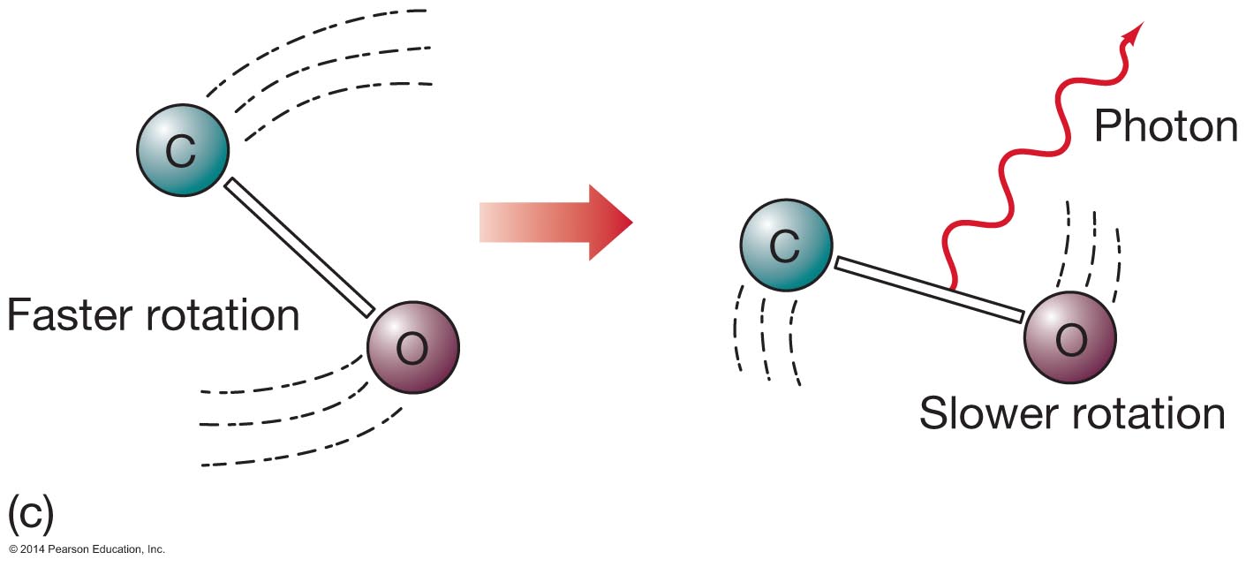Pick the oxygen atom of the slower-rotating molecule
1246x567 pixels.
(1069, 337)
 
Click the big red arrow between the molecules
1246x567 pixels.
(556, 223)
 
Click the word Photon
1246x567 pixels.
(1166, 127)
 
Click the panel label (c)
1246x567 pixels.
(30, 511)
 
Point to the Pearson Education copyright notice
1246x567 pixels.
(83, 549)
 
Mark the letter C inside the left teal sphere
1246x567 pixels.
(181, 152)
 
